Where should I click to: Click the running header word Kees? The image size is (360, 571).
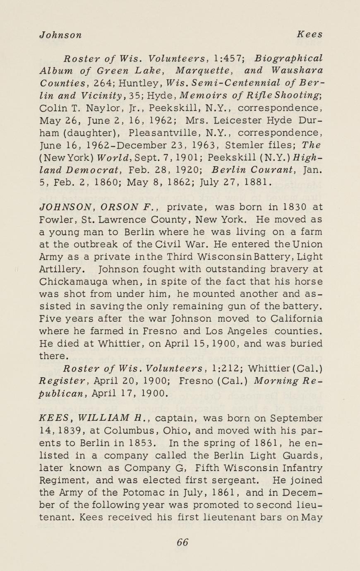(x=311, y=35)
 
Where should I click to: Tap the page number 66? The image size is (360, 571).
(x=182, y=542)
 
